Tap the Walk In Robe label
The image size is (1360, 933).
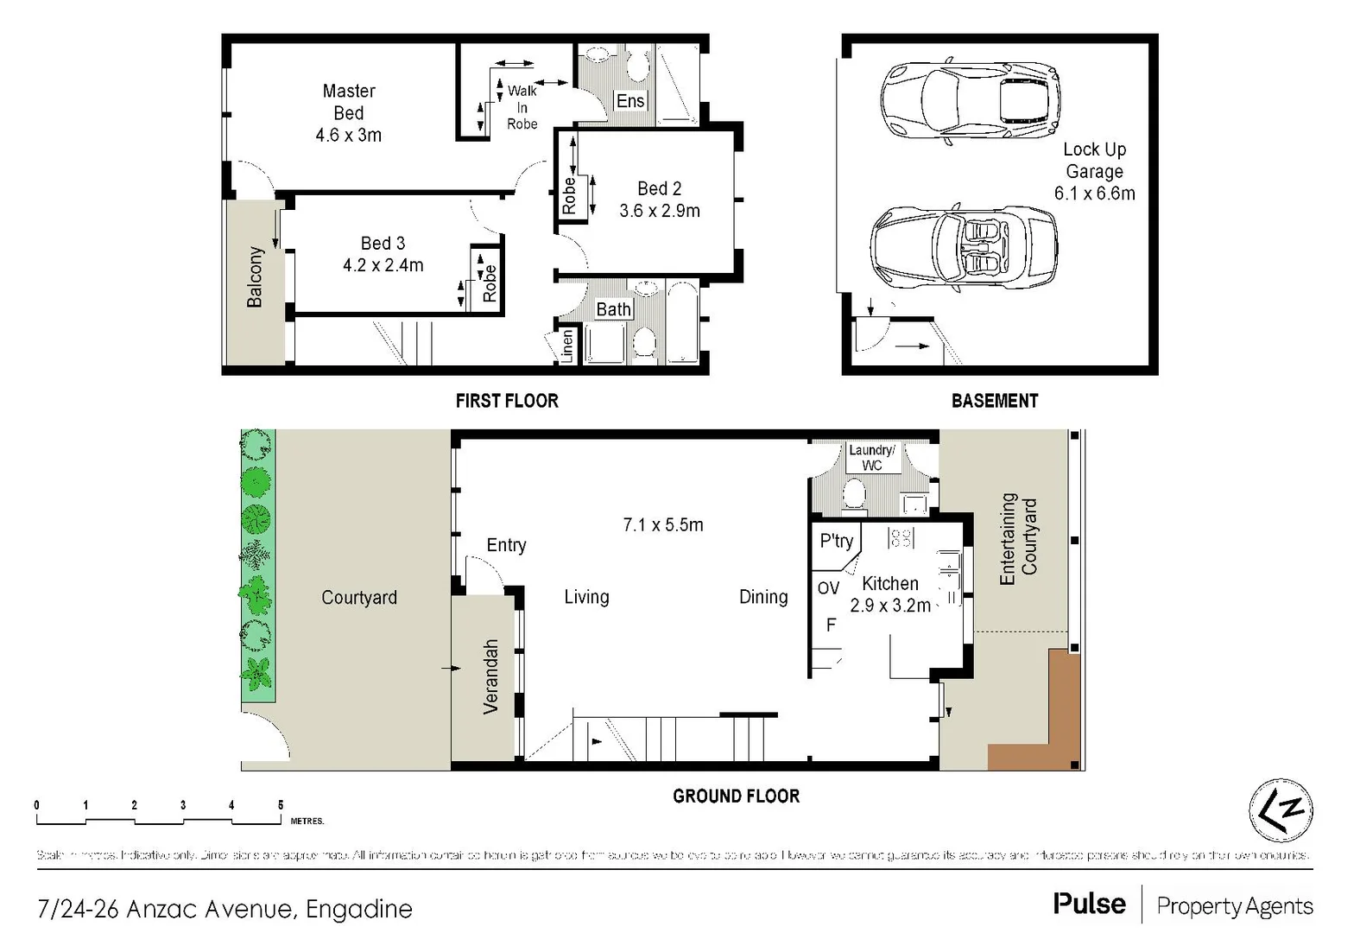pyautogui.click(x=522, y=107)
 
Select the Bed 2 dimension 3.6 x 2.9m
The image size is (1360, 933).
pyautogui.click(x=660, y=211)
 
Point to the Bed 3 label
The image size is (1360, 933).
pyautogui.click(x=383, y=244)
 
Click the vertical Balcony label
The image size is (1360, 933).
pyautogui.click(x=255, y=276)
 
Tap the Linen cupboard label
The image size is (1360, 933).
pyautogui.click(x=567, y=346)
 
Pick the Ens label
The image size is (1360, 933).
pyautogui.click(x=630, y=101)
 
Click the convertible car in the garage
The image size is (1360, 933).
pyautogui.click(x=964, y=249)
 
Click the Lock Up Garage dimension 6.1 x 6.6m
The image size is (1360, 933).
pyautogui.click(x=1094, y=194)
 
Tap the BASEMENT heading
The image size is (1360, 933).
pyautogui.click(x=994, y=401)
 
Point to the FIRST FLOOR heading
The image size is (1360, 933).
pyautogui.click(x=507, y=401)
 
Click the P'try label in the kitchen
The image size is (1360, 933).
pyautogui.click(x=836, y=542)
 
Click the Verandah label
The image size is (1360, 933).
pyautogui.click(x=490, y=676)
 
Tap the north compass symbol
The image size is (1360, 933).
pyautogui.click(x=1281, y=810)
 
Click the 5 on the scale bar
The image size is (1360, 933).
pyautogui.click(x=281, y=805)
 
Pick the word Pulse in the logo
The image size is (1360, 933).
pyautogui.click(x=1089, y=904)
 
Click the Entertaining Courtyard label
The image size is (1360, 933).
pyautogui.click(x=1018, y=537)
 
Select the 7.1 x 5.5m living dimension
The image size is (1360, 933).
pyautogui.click(x=663, y=524)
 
